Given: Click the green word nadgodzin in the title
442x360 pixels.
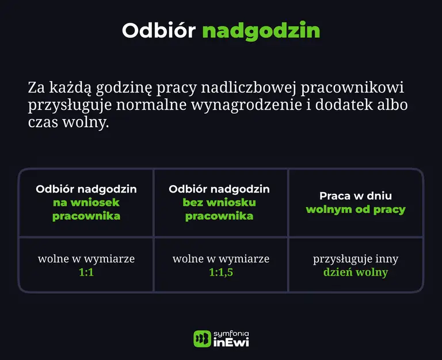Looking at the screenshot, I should (261, 30).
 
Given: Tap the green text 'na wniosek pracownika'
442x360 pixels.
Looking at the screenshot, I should (86, 209).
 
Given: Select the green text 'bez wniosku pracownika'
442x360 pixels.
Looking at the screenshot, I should (219, 209).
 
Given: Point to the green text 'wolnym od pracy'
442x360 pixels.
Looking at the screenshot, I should (356, 209).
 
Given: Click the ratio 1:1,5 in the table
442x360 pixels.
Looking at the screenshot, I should (221, 272).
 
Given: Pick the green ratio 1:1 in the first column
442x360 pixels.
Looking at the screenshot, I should (86, 272).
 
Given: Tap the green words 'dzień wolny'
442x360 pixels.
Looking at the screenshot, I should (356, 272).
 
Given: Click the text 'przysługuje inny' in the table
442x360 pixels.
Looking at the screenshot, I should (356, 259).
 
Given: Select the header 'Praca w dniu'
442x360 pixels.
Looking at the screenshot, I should (356, 196).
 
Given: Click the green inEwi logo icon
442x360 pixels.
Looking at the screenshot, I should (202, 339).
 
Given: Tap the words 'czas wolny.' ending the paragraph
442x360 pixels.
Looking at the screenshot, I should (68, 124).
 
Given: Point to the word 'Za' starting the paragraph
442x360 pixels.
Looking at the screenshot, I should (36, 89).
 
